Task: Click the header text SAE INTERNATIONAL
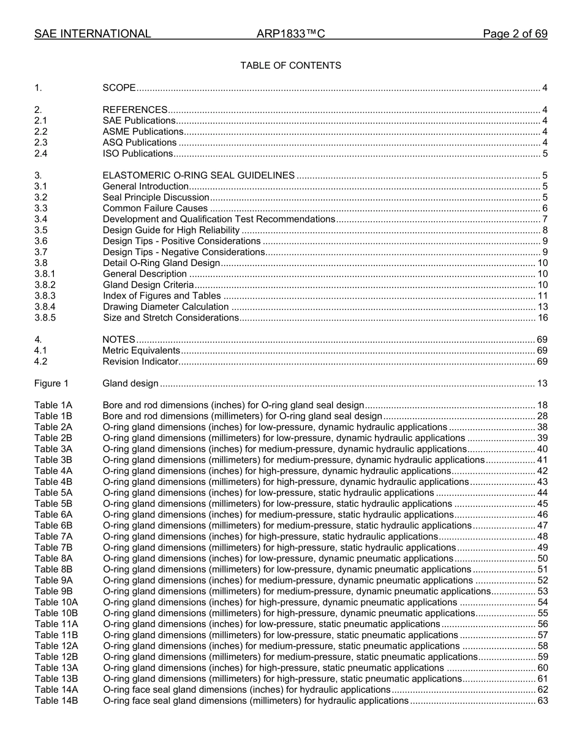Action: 93,34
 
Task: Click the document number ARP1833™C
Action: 290,34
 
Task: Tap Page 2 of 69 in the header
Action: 515,34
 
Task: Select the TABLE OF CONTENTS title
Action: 290,65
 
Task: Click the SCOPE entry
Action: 119,88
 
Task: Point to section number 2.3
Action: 41,142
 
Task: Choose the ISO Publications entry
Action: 138,153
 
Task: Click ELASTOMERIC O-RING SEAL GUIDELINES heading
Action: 198,175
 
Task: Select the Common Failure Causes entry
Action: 156,208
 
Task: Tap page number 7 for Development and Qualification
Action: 545,219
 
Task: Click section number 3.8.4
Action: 45,307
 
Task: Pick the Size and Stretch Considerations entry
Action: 170,318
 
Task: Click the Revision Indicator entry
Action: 140,362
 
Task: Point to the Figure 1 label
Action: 51,384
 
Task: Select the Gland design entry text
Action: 130,384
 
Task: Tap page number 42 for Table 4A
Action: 542,471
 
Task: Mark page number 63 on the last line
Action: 542,700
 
